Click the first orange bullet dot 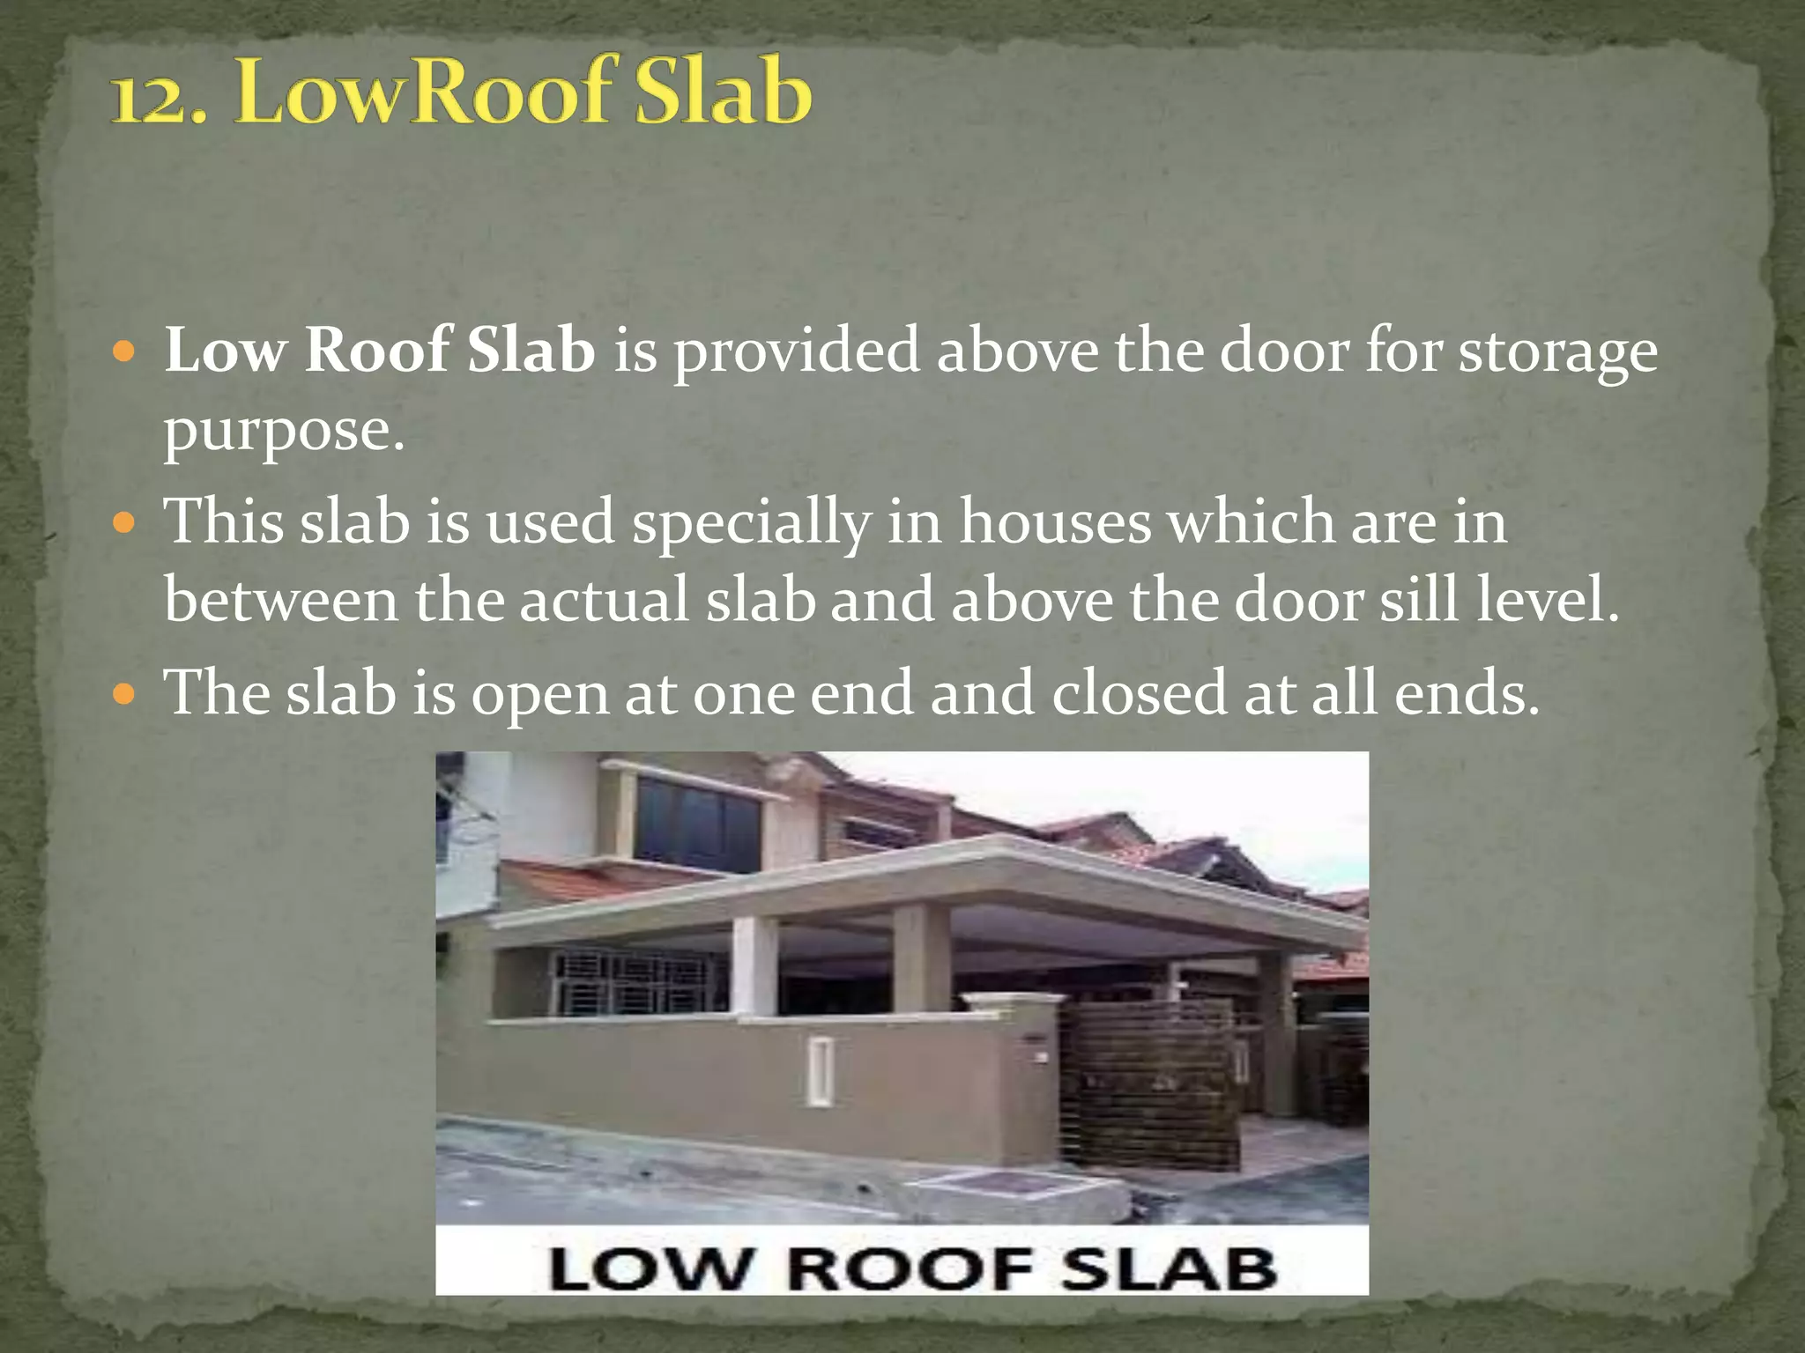[125, 352]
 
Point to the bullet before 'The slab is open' [125, 694]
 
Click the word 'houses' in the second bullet [1055, 521]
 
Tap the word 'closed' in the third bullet [1139, 693]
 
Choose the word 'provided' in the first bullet [797, 351]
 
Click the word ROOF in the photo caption [909, 1269]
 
